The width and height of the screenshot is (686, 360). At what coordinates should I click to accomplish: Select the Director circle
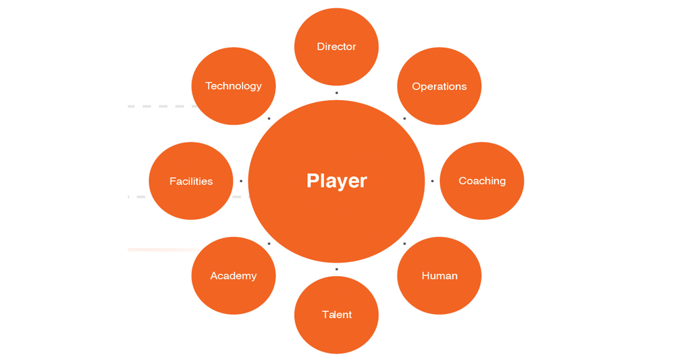(336, 47)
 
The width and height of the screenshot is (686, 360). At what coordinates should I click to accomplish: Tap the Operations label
(439, 86)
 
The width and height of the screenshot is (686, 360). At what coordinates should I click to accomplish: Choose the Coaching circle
(482, 181)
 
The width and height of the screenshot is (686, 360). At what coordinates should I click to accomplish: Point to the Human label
(439, 276)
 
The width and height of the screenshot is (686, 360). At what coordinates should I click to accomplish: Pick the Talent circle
(336, 315)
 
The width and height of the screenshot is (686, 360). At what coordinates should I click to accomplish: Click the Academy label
(234, 276)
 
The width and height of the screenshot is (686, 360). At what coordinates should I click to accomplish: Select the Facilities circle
(191, 181)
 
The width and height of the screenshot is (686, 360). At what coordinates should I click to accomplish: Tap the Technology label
(234, 86)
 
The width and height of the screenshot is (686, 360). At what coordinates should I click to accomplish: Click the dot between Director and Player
(337, 93)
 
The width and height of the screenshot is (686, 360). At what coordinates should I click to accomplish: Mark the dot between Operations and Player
(404, 119)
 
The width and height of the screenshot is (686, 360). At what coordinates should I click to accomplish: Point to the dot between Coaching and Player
(432, 181)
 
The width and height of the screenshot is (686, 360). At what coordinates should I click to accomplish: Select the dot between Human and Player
(404, 244)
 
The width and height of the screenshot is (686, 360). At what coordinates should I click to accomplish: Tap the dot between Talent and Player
(337, 269)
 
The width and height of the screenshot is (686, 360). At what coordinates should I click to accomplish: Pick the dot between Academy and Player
(269, 244)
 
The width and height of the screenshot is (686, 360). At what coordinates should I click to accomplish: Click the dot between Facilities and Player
(241, 181)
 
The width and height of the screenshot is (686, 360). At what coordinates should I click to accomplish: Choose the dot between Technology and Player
(269, 119)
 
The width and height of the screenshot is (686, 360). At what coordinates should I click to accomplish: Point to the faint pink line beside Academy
(163, 250)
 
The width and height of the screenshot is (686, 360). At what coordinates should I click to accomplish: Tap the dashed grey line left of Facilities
(141, 197)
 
